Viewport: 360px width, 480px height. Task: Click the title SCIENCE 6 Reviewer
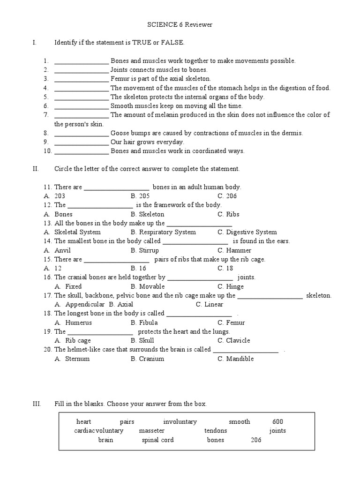coord(180,25)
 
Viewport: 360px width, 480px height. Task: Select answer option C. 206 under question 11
coord(227,196)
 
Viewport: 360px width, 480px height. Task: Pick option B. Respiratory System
coord(164,232)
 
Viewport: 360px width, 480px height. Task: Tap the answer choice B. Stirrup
coord(145,250)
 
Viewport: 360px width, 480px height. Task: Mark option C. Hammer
coord(234,250)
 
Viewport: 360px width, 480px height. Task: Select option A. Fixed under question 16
coord(68,286)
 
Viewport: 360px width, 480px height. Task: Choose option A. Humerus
coord(73,322)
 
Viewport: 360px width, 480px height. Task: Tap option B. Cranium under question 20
coord(148,359)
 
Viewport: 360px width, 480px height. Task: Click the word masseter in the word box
coord(152,431)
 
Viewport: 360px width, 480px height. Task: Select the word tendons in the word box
coord(216,431)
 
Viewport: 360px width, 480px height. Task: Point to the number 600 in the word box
coord(277,422)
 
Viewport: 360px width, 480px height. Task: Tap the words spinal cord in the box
coord(157,440)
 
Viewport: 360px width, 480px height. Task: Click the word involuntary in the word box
coord(180,422)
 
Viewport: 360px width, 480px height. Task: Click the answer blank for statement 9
coord(82,142)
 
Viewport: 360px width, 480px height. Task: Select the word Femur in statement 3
coord(120,79)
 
